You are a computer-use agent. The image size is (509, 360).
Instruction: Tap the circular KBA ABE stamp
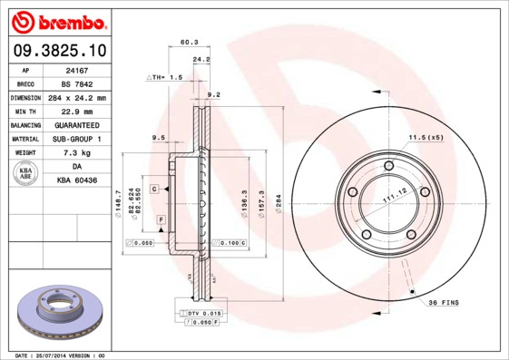pyautogui.click(x=26, y=174)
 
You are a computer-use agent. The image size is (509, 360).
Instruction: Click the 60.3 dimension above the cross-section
pyautogui.click(x=190, y=42)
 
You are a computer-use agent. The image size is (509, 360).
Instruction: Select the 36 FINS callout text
pyautogui.click(x=445, y=301)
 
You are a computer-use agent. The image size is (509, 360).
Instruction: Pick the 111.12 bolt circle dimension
pyautogui.click(x=392, y=199)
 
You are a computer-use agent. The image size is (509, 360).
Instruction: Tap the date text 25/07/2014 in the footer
pyautogui.click(x=57, y=355)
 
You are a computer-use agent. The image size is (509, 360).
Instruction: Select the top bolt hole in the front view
pyautogui.click(x=388, y=165)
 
